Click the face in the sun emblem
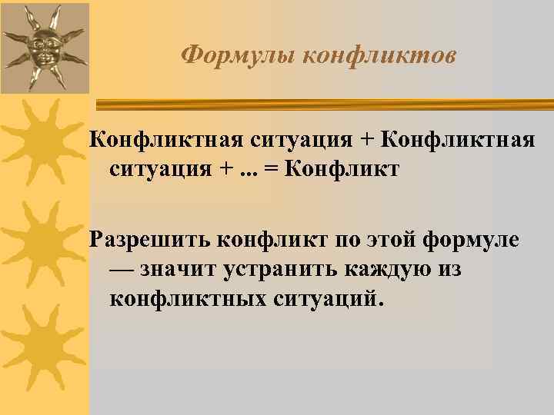coord(44,48)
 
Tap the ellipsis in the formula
coord(251,170)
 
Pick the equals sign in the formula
coord(271,168)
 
